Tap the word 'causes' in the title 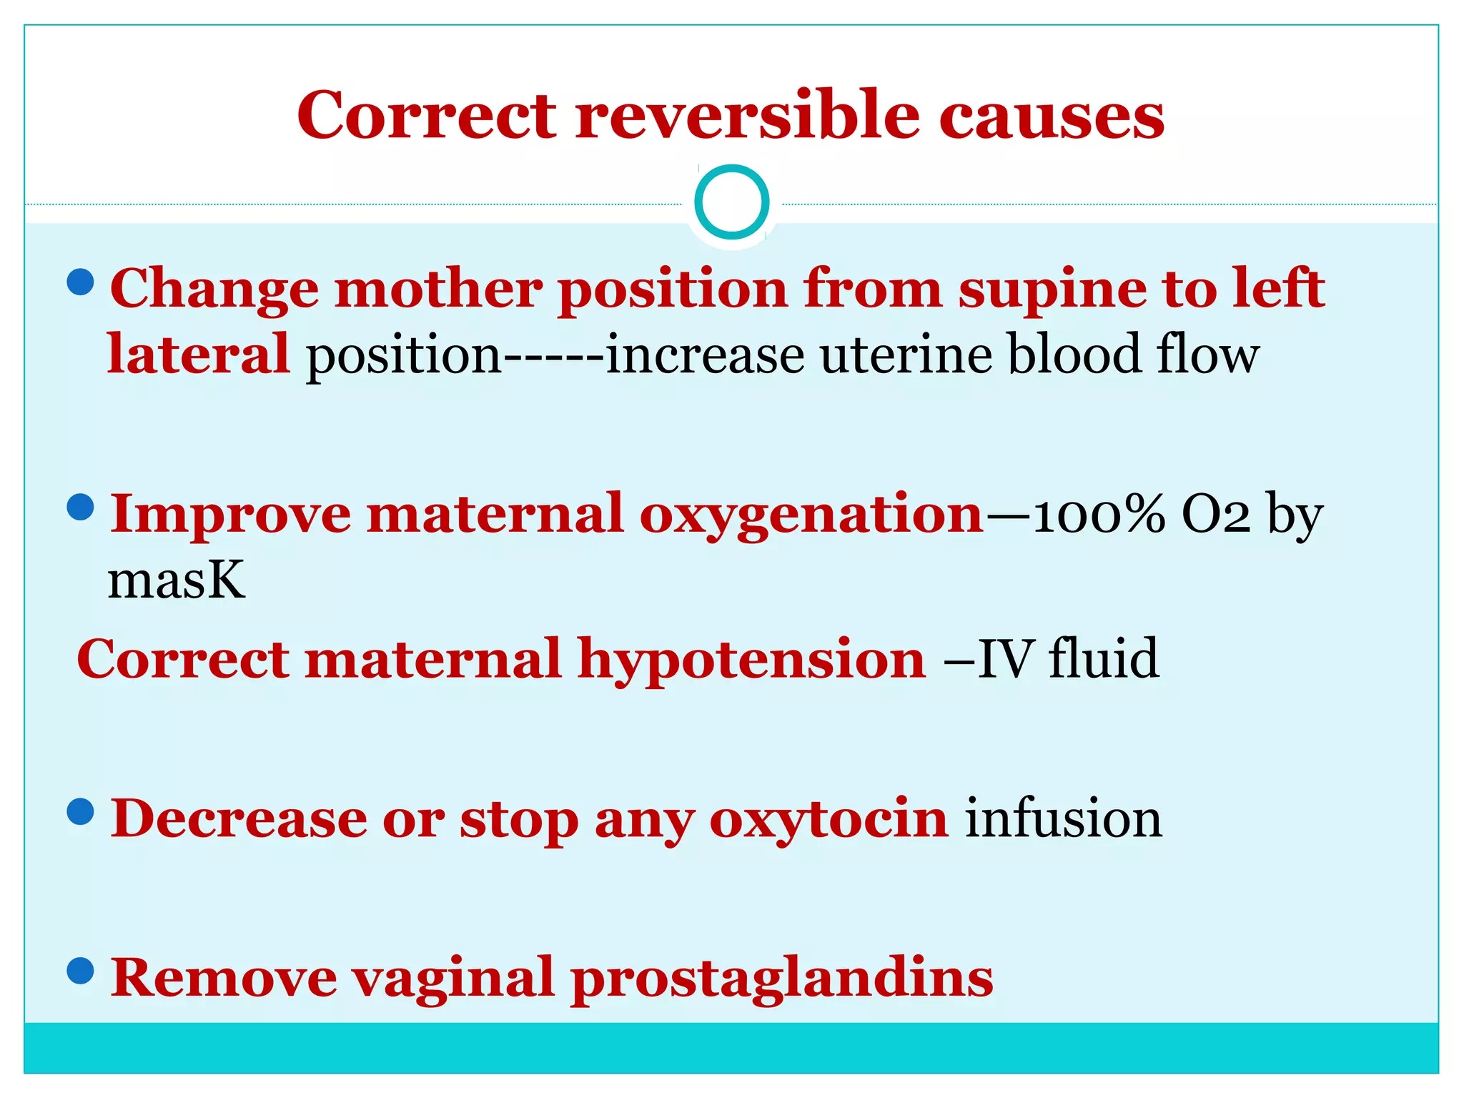tap(1052, 116)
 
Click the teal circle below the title tap(731, 202)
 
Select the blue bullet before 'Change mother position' tap(80, 282)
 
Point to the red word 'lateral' tap(198, 355)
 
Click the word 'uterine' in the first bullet tap(905, 355)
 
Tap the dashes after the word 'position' tap(554, 356)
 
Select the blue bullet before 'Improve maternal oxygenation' tap(80, 508)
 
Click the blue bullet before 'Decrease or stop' tap(80, 811)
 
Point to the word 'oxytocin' tap(829, 821)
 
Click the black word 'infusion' tap(1064, 819)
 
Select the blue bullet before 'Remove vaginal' tap(80, 971)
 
